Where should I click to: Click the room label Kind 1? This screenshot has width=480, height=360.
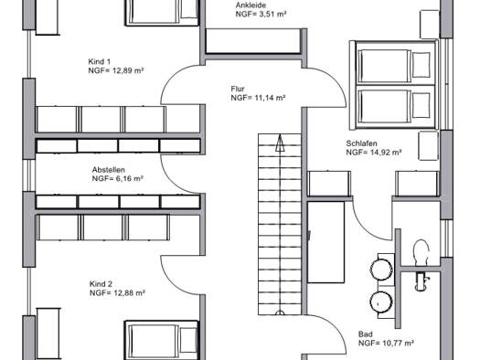(x=99, y=61)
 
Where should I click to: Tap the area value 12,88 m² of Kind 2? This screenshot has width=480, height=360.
(x=129, y=293)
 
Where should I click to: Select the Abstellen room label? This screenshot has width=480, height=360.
(x=109, y=170)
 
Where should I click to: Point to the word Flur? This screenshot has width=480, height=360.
(x=238, y=89)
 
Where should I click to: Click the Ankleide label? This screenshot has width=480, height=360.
(x=251, y=5)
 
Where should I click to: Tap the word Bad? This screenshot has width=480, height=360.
(x=365, y=334)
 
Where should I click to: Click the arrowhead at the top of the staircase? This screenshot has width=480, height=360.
(x=280, y=143)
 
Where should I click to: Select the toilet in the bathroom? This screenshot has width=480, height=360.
(x=421, y=252)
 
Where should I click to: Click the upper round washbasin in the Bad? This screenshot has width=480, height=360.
(x=381, y=270)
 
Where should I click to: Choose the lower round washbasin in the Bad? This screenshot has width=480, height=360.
(x=381, y=302)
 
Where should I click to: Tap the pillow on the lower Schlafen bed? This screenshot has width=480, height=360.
(x=421, y=105)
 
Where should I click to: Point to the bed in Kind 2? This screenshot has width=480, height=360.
(x=162, y=340)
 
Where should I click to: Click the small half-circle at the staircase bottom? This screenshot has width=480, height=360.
(x=280, y=312)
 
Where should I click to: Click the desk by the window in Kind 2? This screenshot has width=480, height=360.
(x=48, y=334)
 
